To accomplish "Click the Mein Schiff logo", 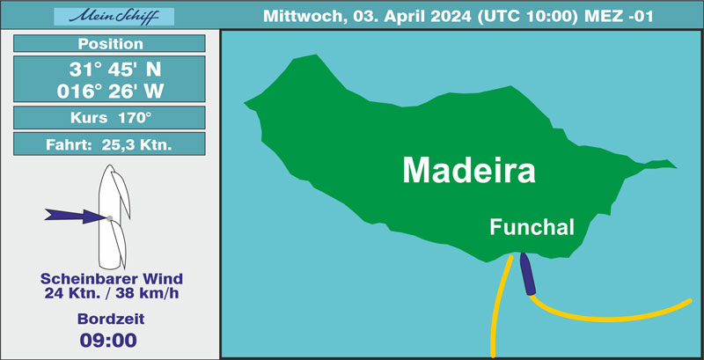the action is point(114,17).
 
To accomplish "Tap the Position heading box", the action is point(109,43).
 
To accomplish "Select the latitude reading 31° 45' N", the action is point(115,70).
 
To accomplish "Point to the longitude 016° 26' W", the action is point(110,92).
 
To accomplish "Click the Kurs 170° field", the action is point(109,118).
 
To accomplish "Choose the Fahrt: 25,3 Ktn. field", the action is point(109,144).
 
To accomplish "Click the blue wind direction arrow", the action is point(76,216).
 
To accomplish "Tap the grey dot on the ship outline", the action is point(109,218).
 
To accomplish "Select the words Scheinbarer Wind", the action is point(112,279).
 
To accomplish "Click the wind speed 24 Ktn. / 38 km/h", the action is point(112,293).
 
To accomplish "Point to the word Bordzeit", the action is point(111,319).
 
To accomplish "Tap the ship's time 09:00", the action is point(108,340).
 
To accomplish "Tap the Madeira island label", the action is point(469,170).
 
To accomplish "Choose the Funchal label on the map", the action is point(532,227).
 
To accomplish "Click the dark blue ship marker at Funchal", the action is point(527,274).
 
